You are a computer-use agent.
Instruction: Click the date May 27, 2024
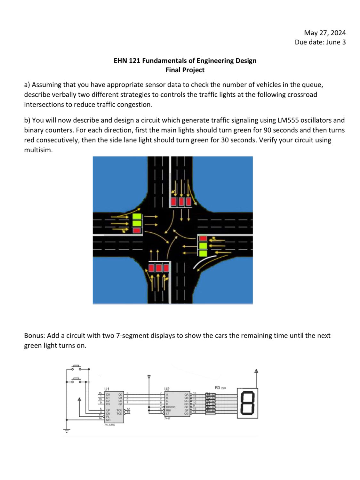pyautogui.click(x=324, y=33)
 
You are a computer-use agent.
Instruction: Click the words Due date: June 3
pyautogui.click(x=320, y=42)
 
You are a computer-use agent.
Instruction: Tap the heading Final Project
pyautogui.click(x=185, y=70)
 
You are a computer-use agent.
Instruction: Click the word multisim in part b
pyautogui.click(x=37, y=150)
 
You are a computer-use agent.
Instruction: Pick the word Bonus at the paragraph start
pyautogui.click(x=34, y=336)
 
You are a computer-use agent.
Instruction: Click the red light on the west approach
pyautogui.click(x=137, y=230)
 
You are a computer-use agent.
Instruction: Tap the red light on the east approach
pyautogui.click(x=203, y=238)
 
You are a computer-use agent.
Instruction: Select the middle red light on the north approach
pyautogui.click(x=181, y=202)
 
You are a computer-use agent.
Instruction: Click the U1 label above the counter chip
pyautogui.click(x=107, y=389)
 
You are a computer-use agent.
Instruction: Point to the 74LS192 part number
pyautogui.click(x=110, y=425)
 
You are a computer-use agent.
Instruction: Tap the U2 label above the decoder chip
pyautogui.click(x=167, y=389)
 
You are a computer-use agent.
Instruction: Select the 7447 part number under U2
pyautogui.click(x=167, y=418)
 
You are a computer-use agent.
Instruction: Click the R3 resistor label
pyautogui.click(x=218, y=388)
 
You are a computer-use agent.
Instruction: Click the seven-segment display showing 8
pyautogui.click(x=247, y=403)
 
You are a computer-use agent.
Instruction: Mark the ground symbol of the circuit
pyautogui.click(x=67, y=431)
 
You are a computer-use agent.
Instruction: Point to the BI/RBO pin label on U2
pyautogui.click(x=171, y=407)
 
